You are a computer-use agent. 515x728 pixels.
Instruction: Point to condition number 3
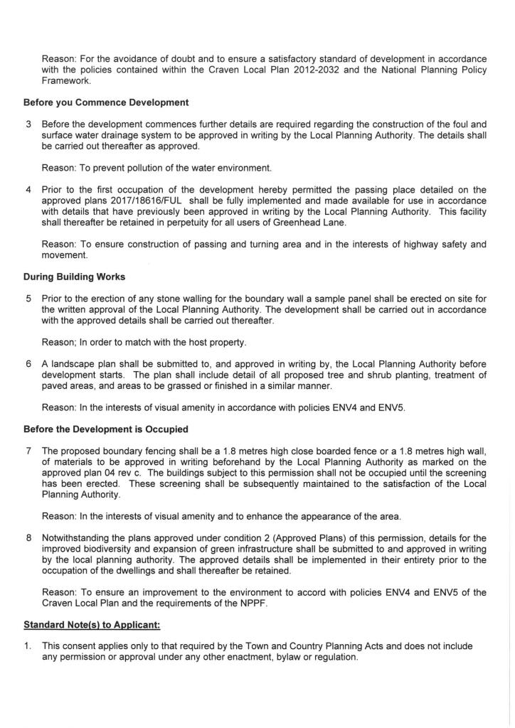pos(28,124)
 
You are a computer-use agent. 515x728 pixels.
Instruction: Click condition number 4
pos(28,190)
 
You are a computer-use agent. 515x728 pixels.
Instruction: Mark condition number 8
pos(28,538)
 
